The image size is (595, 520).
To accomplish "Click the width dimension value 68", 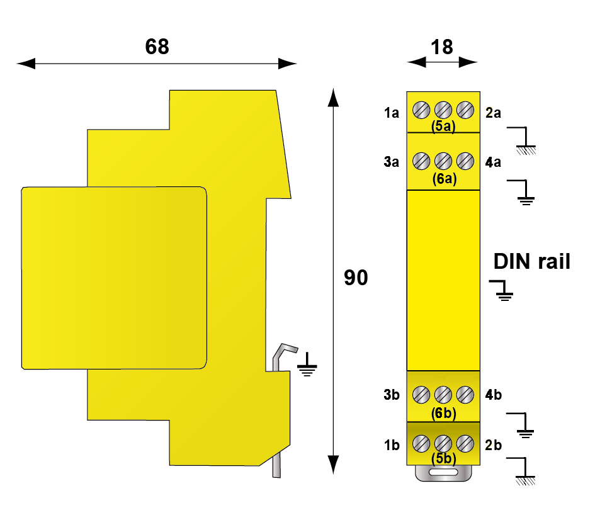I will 157,47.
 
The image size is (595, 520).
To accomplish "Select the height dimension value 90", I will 356,278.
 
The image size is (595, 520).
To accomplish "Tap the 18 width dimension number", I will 442,47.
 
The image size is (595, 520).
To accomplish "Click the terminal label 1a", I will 392,113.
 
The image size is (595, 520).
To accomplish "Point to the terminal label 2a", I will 494,113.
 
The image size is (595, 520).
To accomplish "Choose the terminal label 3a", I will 392,162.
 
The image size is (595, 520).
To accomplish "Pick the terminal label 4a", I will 494,162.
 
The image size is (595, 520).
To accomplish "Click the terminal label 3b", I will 392,395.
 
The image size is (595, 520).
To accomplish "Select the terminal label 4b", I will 494,395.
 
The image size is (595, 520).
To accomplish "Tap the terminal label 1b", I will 392,445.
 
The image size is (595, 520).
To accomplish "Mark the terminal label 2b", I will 494,445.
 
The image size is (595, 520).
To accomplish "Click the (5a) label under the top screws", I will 443,127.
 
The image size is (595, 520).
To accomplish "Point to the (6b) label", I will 443,413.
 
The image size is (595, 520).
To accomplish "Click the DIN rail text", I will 531,261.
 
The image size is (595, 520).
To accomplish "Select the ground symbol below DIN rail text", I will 502,290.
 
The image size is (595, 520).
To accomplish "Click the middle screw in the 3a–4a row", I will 443,161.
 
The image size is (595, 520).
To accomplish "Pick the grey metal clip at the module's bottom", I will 443,473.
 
